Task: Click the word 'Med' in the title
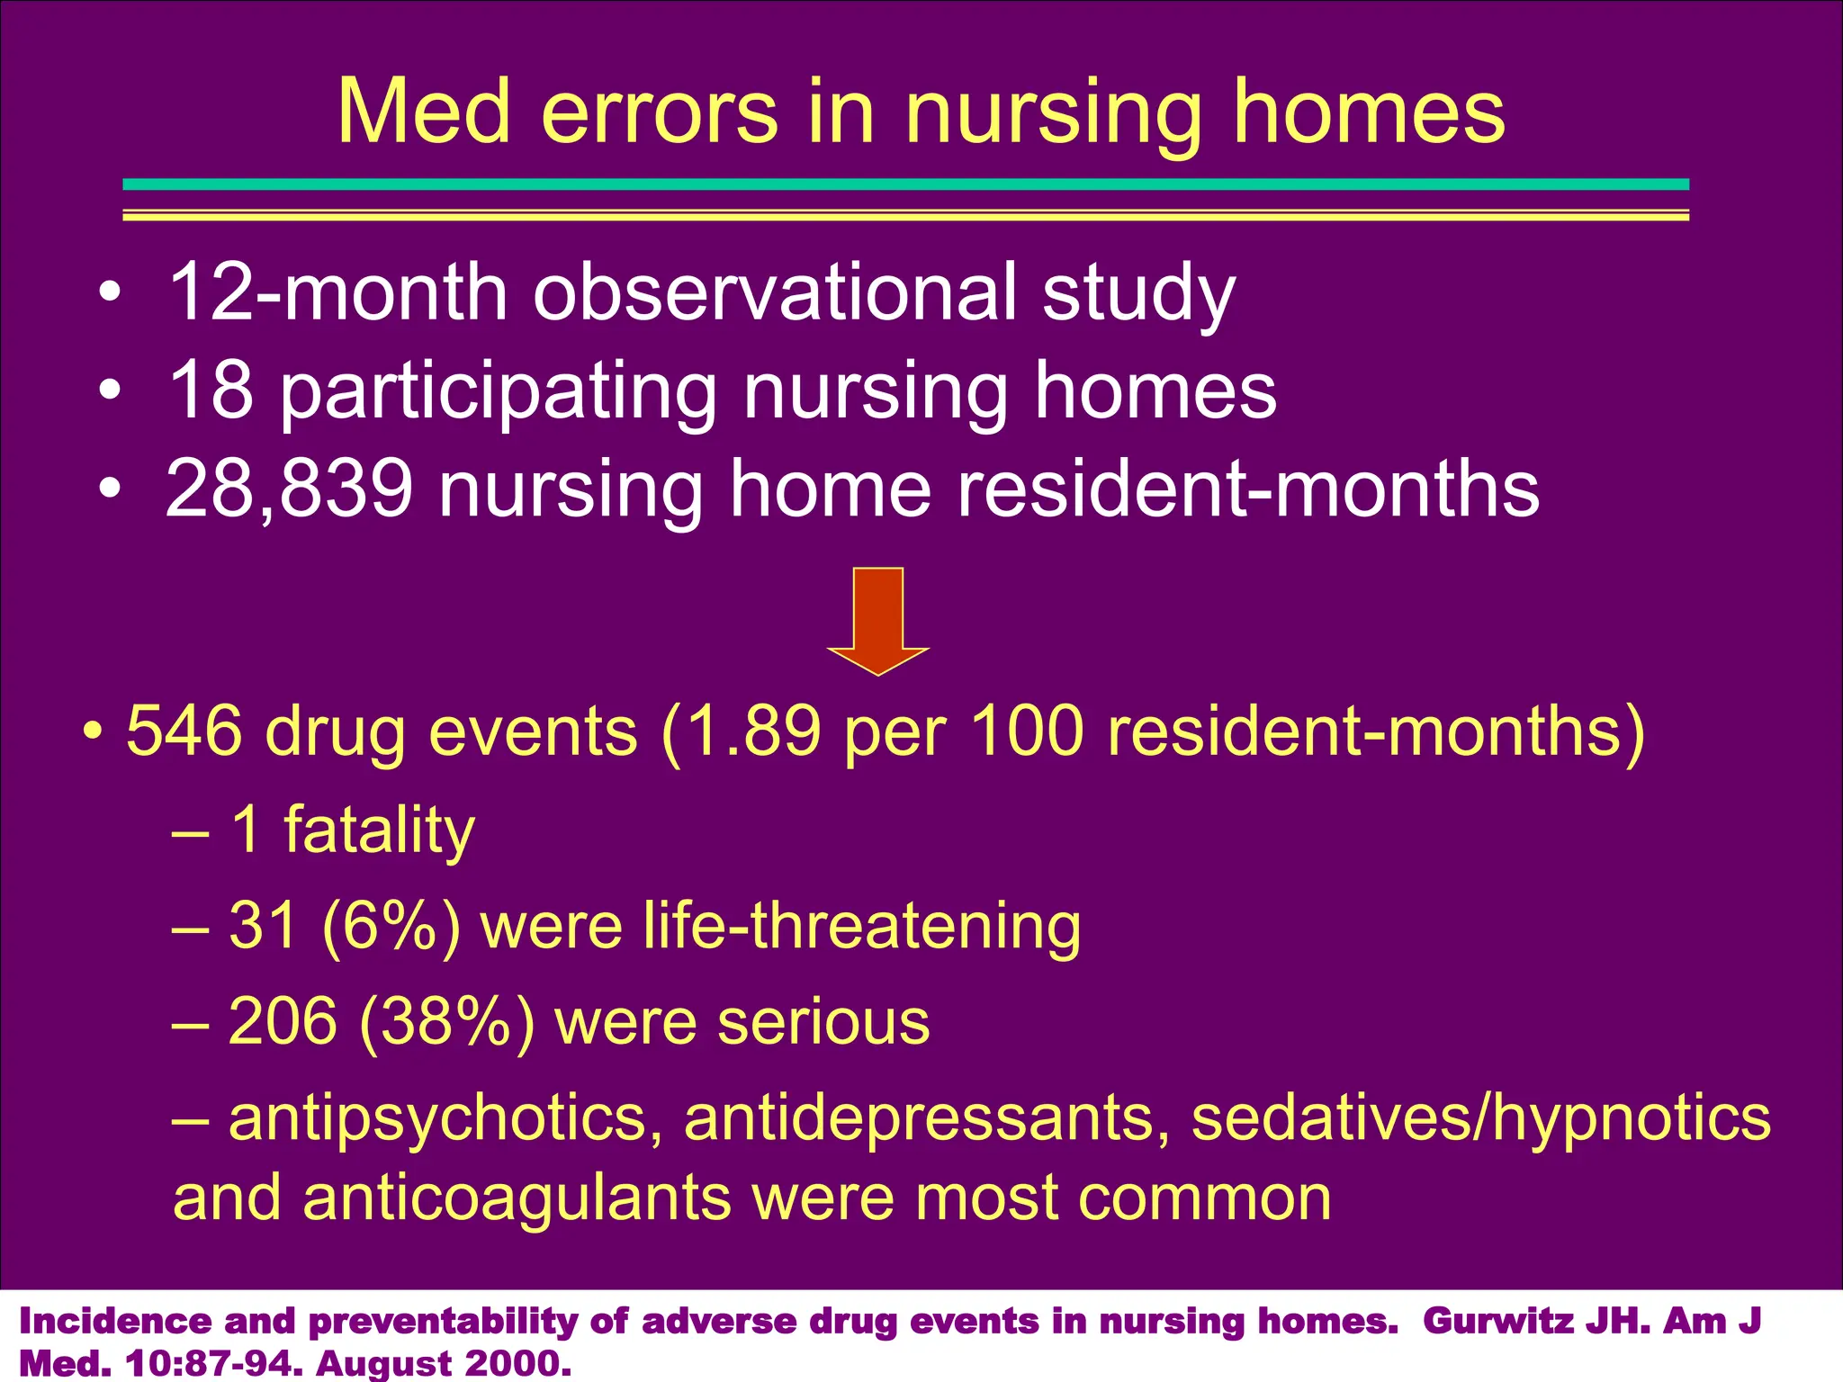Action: point(424,112)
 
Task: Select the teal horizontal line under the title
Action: point(905,184)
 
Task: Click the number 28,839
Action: point(289,489)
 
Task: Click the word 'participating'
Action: point(499,390)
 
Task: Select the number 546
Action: point(184,731)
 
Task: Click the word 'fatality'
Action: point(379,830)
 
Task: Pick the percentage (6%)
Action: point(391,926)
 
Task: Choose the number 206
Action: point(283,1022)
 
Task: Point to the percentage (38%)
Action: point(446,1022)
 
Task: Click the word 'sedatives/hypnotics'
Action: point(1480,1118)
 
